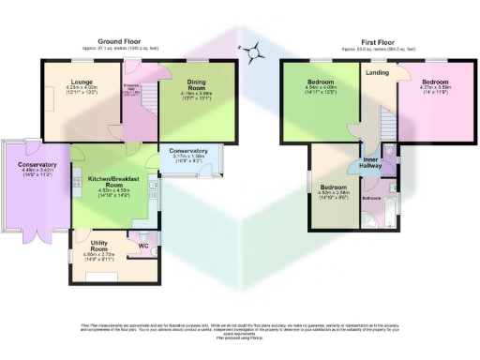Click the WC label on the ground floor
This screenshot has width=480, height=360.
tap(142, 247)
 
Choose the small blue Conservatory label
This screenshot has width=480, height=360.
tap(188, 151)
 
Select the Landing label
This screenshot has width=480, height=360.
tap(378, 72)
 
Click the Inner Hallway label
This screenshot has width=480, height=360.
tap(363, 159)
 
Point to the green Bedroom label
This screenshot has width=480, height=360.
tap(321, 82)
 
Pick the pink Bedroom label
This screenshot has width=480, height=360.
tap(435, 82)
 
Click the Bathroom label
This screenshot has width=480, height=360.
tap(371, 199)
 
